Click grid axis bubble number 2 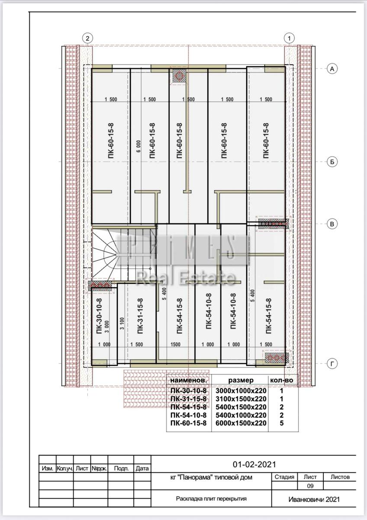tap(87, 38)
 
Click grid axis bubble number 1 tap(289, 38)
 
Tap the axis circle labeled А tap(332, 69)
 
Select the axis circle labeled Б tap(332, 162)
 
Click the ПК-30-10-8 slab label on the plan tap(99, 316)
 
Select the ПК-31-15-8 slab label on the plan tap(140, 316)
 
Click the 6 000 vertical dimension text tap(138, 146)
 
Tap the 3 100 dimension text tap(122, 323)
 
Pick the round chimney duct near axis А tap(179, 76)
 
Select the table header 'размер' tap(241, 387)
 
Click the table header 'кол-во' tap(281, 387)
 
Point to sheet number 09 tap(310, 486)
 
